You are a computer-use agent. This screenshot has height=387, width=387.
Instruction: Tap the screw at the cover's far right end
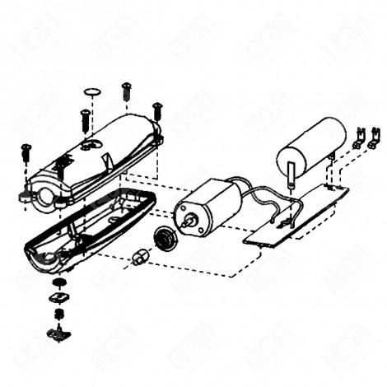(x=157, y=110)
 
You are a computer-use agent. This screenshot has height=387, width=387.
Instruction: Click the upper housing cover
(x=99, y=161)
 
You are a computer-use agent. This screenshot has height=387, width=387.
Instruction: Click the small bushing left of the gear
(x=138, y=259)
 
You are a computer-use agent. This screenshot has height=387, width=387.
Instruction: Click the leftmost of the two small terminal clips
(x=359, y=138)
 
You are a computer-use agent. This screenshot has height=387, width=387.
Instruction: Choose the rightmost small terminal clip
(x=375, y=136)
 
